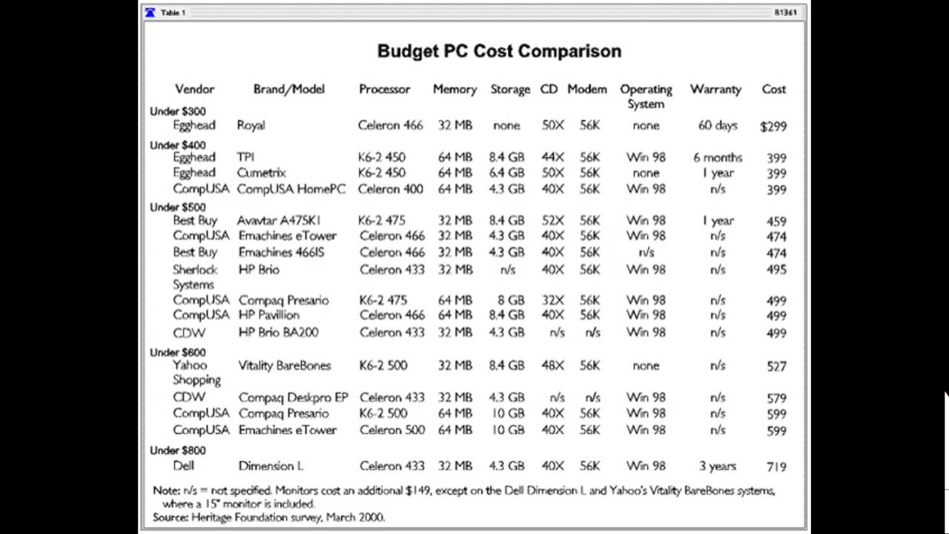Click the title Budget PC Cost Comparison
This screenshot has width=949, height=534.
pyautogui.click(x=499, y=51)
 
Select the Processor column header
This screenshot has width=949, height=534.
pyautogui.click(x=384, y=89)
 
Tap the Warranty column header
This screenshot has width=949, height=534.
pyautogui.click(x=715, y=89)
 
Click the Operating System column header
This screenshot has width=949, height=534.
pyautogui.click(x=646, y=96)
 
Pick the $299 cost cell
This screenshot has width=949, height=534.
pyautogui.click(x=773, y=126)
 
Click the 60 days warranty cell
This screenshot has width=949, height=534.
pyautogui.click(x=717, y=125)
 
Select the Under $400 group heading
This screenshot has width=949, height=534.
pyautogui.click(x=178, y=145)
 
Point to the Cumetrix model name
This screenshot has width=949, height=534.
pyautogui.click(x=261, y=173)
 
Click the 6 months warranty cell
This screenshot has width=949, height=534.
pyautogui.click(x=717, y=157)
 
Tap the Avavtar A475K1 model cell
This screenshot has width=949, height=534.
pyautogui.click(x=279, y=220)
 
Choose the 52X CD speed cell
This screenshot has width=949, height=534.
pyautogui.click(x=552, y=220)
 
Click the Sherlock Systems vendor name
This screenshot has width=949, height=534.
pyautogui.click(x=195, y=277)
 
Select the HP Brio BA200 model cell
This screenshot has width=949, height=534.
pyautogui.click(x=278, y=332)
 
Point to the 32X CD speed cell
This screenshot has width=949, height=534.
pyautogui.click(x=552, y=300)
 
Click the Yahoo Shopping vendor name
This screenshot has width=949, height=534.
pyautogui.click(x=196, y=372)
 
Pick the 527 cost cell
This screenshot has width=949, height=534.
pyautogui.click(x=776, y=366)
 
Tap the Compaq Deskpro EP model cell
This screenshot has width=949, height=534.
pyautogui.click(x=293, y=398)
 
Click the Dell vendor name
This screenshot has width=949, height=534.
pyautogui.click(x=183, y=466)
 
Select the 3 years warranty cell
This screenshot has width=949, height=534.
pyautogui.click(x=717, y=466)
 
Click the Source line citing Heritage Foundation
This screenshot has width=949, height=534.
pyautogui.click(x=268, y=517)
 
